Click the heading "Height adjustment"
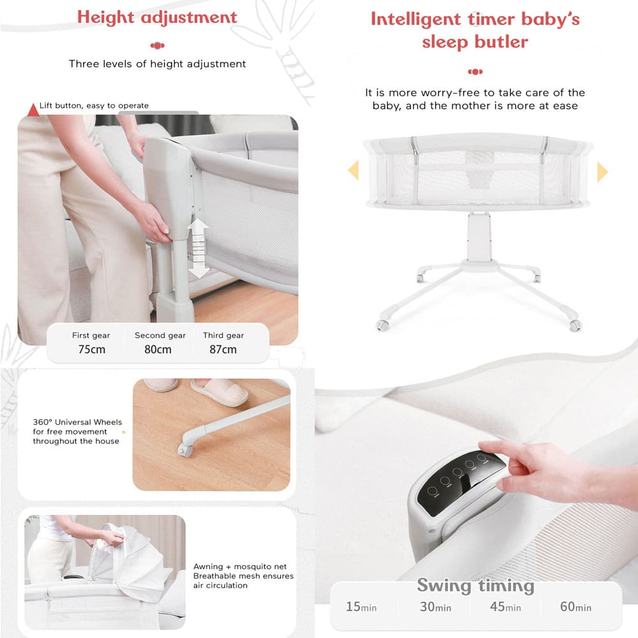pos(157,17)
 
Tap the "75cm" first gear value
pos(91,349)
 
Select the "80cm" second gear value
pos(158,349)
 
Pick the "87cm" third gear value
pos(223,349)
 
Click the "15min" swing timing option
pos(361,607)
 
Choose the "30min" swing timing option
pos(435,607)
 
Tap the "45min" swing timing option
pos(505,607)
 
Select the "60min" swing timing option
pos(575,607)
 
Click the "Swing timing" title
pos(476,586)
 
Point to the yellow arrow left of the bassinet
pos(353,170)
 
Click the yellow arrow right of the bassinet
pos(602,172)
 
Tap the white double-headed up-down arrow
pos(198,249)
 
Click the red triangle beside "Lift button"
pos(33,110)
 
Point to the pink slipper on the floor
pos(219,392)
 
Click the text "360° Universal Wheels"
pos(77,422)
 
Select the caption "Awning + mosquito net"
pos(240,567)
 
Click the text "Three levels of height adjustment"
pos(157,64)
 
